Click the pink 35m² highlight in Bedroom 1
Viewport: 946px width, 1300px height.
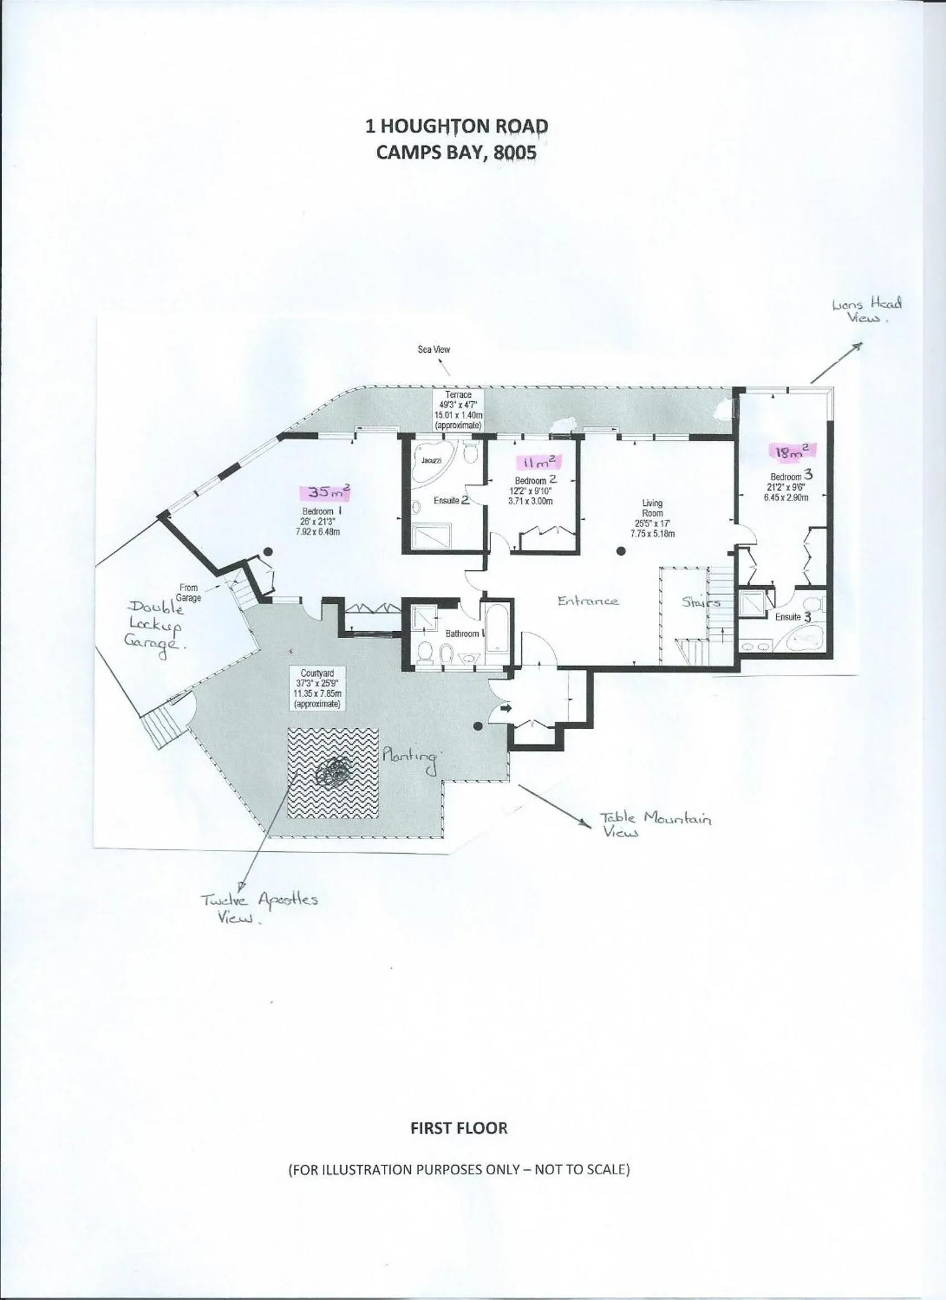coord(325,492)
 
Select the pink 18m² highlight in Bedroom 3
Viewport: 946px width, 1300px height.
coord(791,452)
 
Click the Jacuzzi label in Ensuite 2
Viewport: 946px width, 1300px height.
coord(431,460)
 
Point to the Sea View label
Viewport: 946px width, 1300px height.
coord(433,350)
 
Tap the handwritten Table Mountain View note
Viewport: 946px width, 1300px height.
coord(656,824)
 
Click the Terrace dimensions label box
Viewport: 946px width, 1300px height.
coord(458,410)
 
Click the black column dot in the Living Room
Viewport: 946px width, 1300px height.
coord(621,551)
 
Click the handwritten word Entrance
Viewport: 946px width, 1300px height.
coord(588,601)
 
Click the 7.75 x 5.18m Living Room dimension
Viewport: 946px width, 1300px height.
coord(652,533)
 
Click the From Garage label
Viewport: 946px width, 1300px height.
coord(189,592)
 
